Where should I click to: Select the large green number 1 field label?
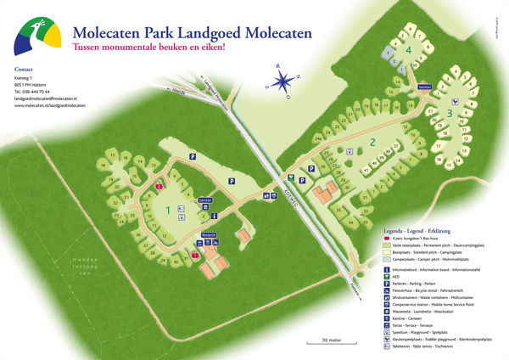(168, 209)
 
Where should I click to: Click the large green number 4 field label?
(409, 51)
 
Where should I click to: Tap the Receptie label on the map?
(208, 233)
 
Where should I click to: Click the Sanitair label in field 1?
(204, 200)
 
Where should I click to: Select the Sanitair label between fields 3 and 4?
(425, 86)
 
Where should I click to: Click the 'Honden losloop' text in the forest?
(86, 258)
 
